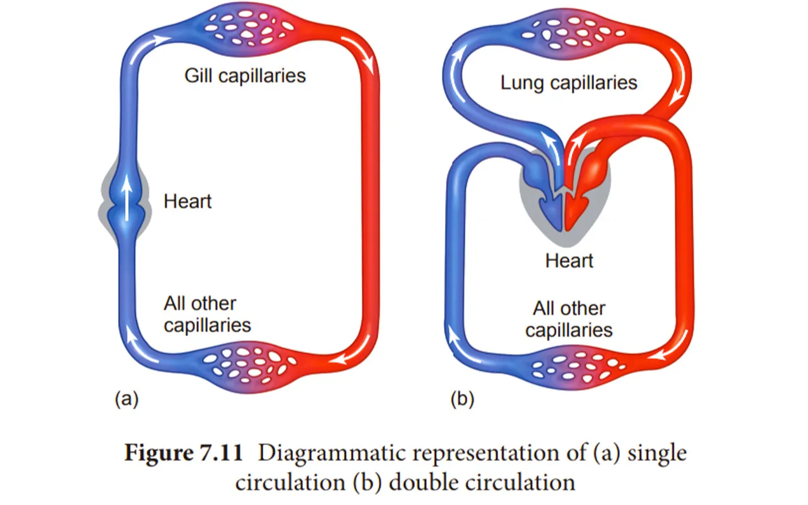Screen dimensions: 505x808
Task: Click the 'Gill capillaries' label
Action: (x=245, y=76)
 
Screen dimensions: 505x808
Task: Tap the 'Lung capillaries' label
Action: (x=569, y=83)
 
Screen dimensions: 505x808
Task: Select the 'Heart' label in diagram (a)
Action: (x=187, y=202)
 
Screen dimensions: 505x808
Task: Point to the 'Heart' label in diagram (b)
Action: (x=569, y=260)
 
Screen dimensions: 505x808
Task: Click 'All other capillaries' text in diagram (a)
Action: (x=207, y=314)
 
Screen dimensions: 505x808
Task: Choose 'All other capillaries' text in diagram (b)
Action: (x=569, y=319)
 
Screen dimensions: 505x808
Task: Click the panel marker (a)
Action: (x=126, y=399)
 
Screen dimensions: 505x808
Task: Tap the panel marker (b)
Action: (x=462, y=399)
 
